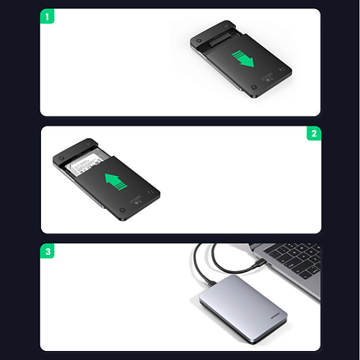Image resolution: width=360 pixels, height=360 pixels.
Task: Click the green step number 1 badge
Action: click(x=48, y=16)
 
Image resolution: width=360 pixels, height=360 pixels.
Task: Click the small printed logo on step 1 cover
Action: click(x=273, y=80)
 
